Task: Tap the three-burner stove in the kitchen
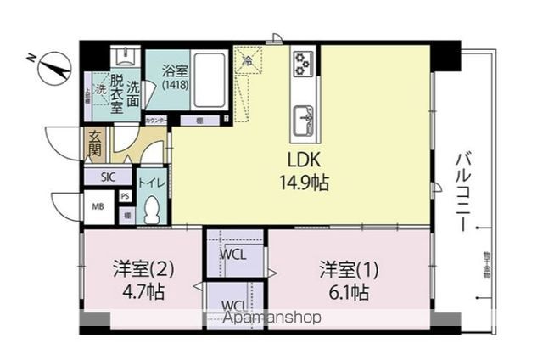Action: tap(304, 64)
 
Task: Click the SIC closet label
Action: tap(108, 177)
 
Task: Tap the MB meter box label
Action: tap(98, 204)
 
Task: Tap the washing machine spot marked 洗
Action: tap(99, 87)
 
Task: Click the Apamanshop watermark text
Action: tap(271, 318)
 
